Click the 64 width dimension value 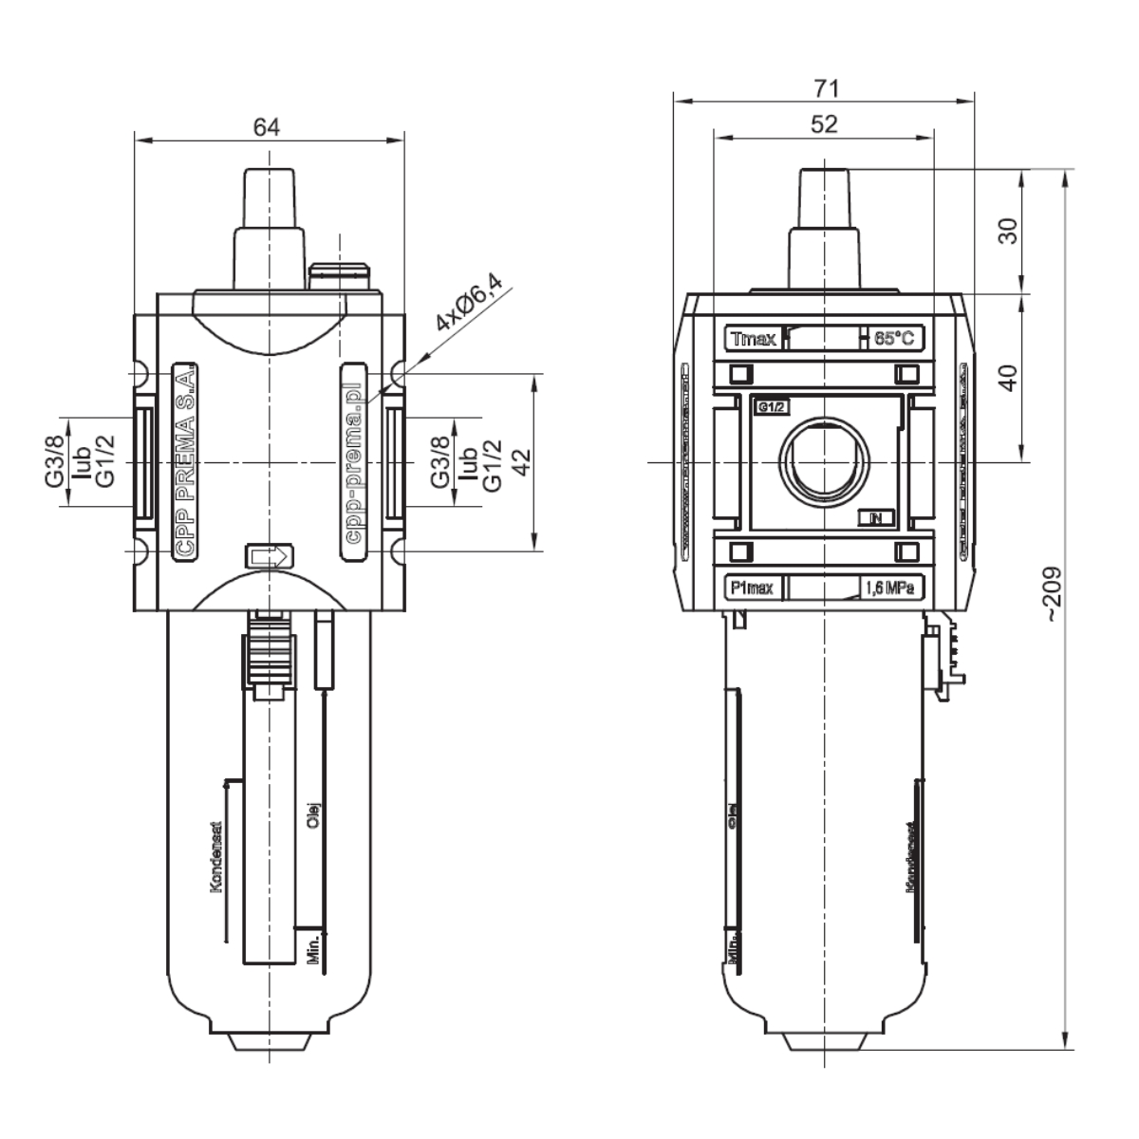267,126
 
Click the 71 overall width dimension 826,88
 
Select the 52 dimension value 824,124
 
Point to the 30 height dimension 1009,231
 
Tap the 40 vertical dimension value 1009,377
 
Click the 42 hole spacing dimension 521,461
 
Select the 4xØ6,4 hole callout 471,301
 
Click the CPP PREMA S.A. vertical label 183,461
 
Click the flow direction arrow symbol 271,556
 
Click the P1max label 753,588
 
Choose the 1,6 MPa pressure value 891,588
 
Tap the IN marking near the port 874,517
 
